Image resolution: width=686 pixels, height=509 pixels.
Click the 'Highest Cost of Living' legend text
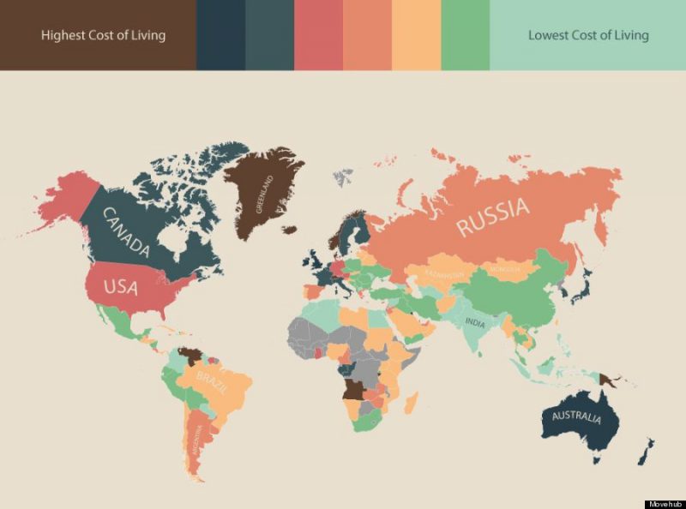[104, 35]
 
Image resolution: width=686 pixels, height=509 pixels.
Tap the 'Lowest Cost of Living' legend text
[588, 35]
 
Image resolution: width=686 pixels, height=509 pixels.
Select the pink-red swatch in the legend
[318, 35]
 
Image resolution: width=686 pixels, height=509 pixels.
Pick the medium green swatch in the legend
[466, 35]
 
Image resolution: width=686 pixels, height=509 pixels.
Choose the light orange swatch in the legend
[417, 35]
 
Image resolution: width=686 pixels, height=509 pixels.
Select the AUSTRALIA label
[572, 419]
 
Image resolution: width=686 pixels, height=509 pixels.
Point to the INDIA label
[474, 322]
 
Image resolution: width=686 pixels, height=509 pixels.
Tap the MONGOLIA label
[503, 270]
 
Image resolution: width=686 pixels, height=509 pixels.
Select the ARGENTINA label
[198, 440]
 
